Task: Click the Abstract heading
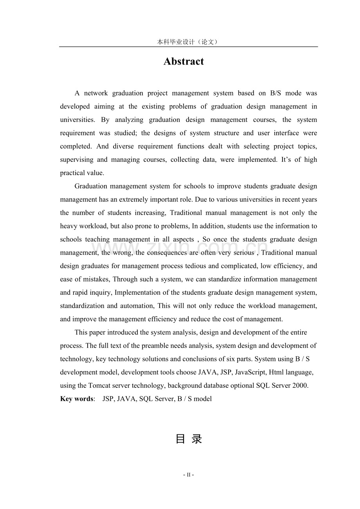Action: tap(184, 62)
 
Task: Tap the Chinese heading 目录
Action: tap(189, 439)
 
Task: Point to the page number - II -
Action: tap(189, 475)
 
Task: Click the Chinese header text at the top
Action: tap(187, 42)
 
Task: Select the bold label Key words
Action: tap(77, 399)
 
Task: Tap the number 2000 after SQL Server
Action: tap(300, 385)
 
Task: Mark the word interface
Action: tap(286, 133)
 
